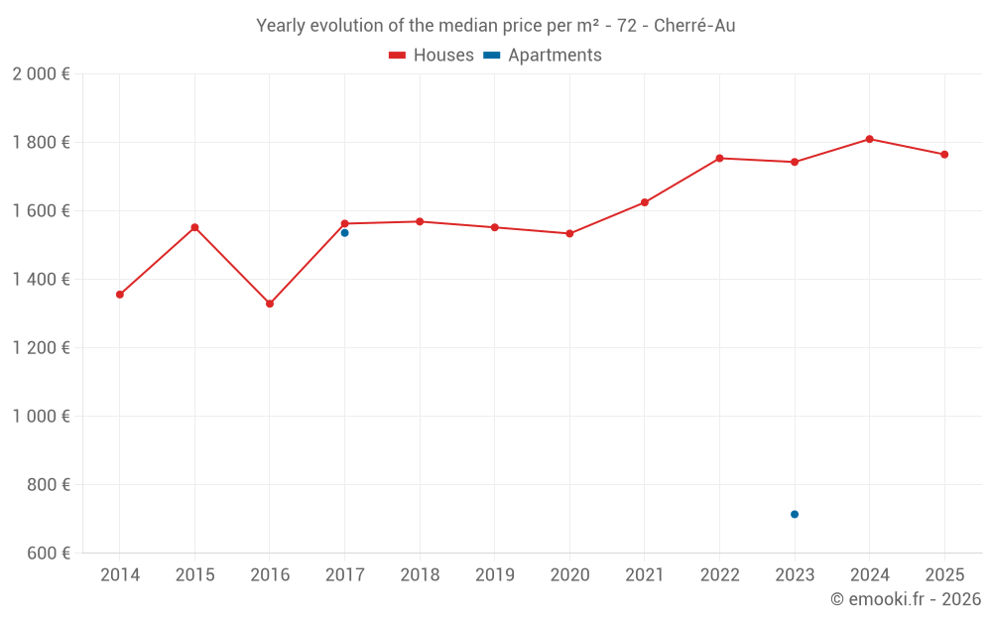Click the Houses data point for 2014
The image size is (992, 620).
point(120,295)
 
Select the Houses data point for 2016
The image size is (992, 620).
point(270,304)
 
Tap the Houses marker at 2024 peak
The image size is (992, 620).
point(869,139)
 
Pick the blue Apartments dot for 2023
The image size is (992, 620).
point(795,514)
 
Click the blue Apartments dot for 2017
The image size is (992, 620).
point(344,233)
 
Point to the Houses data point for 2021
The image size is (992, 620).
point(645,202)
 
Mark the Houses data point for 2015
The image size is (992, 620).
point(194,227)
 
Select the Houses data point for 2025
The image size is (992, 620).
point(944,155)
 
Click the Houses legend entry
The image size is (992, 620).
point(432,56)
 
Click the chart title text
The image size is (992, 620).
point(496,26)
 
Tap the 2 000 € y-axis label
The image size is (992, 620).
point(41,74)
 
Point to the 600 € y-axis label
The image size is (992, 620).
point(47,554)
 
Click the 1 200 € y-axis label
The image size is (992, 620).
point(41,348)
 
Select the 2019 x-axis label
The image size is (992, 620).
point(495,574)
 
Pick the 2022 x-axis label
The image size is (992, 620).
point(719,574)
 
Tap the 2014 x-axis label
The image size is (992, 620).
point(120,574)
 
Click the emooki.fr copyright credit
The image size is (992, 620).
point(905,599)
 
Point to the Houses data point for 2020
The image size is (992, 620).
point(569,234)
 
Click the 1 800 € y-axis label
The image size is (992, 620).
point(41,143)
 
